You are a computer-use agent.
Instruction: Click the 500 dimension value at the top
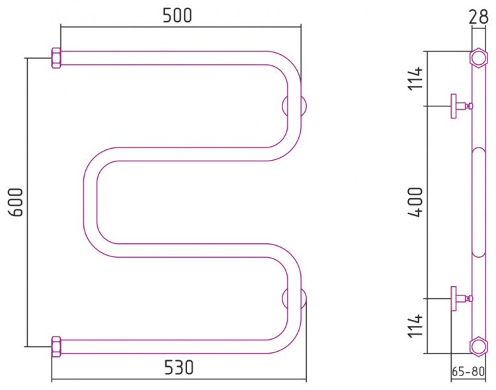point(177,15)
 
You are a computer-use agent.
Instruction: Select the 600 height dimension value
point(16,202)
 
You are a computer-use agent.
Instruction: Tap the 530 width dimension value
point(179,368)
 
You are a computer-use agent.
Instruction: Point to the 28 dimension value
point(478,17)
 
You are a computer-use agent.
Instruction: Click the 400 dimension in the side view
point(415,202)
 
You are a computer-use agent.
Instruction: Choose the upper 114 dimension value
point(415,78)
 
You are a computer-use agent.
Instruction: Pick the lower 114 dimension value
point(415,326)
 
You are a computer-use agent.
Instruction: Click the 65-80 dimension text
point(468,371)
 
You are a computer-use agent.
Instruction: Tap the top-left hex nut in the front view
point(56,58)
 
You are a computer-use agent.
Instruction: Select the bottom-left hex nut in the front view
point(56,346)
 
